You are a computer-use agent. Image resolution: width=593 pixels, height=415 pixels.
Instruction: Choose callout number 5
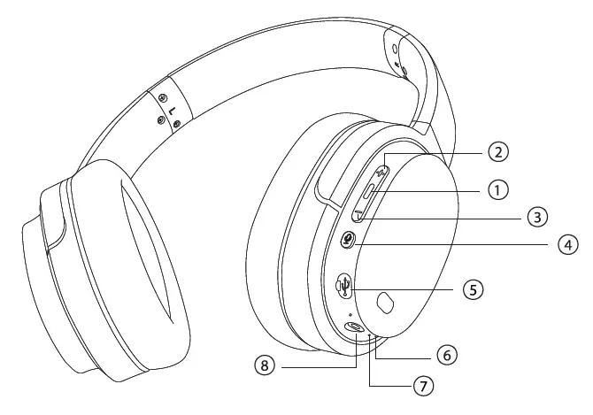[475, 288]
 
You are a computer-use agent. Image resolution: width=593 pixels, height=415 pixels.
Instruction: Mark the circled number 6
[447, 353]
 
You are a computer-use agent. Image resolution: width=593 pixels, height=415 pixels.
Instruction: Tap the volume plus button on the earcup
[382, 167]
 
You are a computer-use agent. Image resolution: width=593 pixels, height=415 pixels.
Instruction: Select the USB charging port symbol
[346, 286]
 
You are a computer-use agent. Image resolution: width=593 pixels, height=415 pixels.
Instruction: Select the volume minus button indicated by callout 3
[361, 212]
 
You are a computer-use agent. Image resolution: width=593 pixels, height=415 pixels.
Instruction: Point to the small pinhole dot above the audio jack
[351, 313]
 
